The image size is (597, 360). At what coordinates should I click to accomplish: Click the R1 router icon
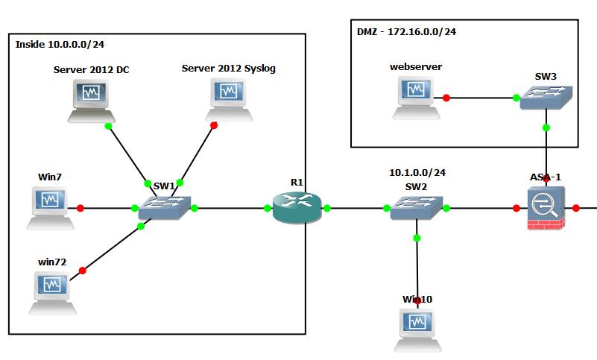[297, 207]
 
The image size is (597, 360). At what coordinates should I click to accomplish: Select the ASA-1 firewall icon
[546, 208]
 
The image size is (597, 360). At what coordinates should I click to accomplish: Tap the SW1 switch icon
[165, 208]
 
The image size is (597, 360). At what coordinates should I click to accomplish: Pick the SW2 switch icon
[417, 208]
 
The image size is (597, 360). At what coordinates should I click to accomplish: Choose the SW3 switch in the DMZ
[546, 98]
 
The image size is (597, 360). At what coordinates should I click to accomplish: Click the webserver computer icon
[416, 98]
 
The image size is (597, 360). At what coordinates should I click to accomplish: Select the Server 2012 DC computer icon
[92, 101]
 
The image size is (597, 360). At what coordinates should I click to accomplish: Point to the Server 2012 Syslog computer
[229, 100]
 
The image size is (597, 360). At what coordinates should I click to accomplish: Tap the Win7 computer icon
[50, 208]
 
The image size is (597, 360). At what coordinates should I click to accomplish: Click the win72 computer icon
[52, 293]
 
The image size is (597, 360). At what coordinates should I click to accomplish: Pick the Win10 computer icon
[417, 330]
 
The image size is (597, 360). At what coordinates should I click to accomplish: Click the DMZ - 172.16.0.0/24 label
[406, 31]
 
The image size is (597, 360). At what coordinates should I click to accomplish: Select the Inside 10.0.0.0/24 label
[60, 45]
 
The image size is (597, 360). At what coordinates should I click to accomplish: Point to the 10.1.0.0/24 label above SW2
[417, 173]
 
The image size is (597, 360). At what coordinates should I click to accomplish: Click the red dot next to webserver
[446, 98]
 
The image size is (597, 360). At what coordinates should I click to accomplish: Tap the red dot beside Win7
[80, 208]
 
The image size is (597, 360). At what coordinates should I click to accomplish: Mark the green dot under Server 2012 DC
[108, 126]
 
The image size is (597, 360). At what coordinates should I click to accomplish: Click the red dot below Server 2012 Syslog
[214, 125]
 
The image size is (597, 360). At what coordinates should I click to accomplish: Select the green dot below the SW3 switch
[546, 127]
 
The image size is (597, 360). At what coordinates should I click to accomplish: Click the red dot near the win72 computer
[82, 271]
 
